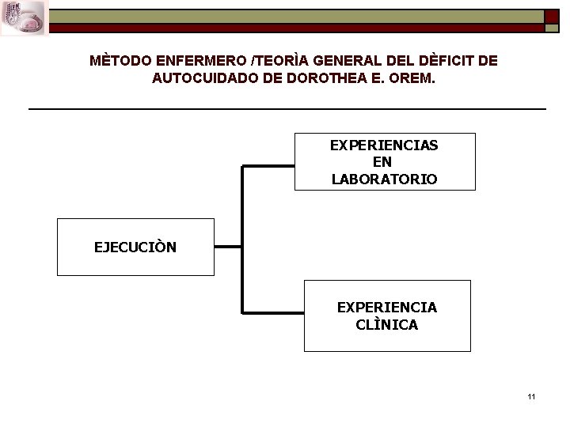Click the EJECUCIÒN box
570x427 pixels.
(135, 247)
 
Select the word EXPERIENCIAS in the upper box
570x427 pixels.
(384, 145)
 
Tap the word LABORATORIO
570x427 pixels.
(384, 179)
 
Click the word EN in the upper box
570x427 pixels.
(384, 162)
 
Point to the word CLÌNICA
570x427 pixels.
(386, 324)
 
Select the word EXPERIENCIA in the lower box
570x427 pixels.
(386, 307)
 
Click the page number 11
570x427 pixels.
(531, 396)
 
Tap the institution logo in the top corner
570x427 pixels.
(25, 17)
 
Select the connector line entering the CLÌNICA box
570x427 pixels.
(273, 312)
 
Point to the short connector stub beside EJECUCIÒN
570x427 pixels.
(228, 247)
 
